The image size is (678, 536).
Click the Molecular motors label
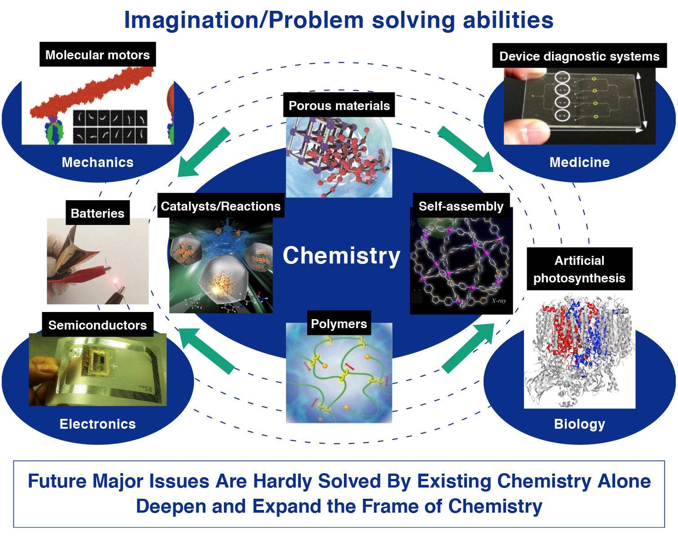point(98,54)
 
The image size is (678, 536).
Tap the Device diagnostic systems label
point(579,56)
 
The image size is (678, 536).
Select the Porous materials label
point(339,105)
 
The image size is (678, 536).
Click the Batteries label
point(98,213)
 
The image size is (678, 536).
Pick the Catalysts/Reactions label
point(221,206)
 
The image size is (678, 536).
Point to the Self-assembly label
point(461,206)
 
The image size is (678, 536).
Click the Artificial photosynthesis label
point(579,269)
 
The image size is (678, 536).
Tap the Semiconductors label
point(98,325)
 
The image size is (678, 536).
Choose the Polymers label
point(339,323)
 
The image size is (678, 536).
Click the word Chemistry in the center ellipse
point(342,255)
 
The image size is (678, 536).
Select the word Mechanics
point(98,162)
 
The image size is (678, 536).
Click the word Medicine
point(579,162)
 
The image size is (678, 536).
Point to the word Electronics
point(98,424)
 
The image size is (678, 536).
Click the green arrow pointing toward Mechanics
point(203,152)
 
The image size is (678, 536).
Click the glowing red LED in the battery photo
point(115,280)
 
